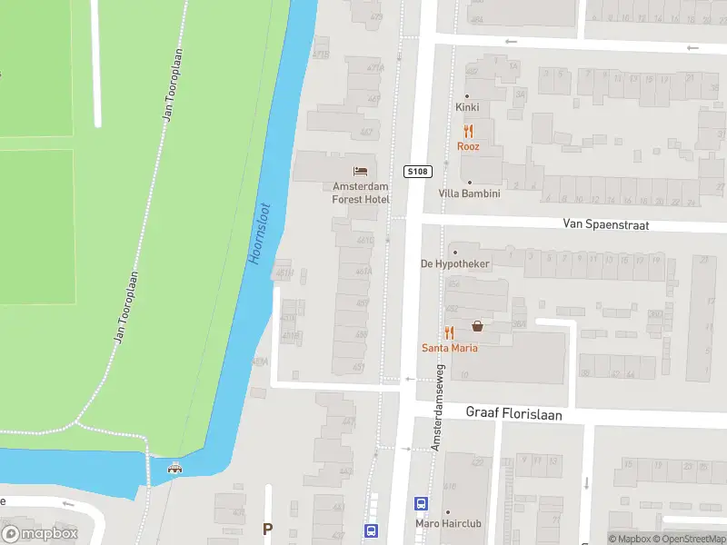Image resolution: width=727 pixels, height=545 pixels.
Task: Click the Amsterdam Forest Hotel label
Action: (x=361, y=193)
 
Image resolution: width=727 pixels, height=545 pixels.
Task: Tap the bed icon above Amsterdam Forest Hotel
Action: (x=361, y=171)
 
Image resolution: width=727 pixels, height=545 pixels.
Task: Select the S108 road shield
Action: (x=417, y=171)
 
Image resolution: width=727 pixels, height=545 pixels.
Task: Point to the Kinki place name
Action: (x=467, y=107)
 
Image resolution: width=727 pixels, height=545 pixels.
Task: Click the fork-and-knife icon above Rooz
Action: (x=468, y=132)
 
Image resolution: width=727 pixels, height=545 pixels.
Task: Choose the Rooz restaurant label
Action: (x=468, y=146)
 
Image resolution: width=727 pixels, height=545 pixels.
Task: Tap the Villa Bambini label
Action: (x=469, y=193)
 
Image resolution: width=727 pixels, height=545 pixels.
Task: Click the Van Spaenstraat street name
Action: (x=605, y=224)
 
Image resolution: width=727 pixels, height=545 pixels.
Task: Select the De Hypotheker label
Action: (x=454, y=264)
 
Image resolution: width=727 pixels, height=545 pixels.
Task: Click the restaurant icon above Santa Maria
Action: (x=449, y=332)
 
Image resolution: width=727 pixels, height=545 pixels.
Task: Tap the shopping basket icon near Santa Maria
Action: (x=477, y=326)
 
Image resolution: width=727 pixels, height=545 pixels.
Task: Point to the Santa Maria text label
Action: (x=449, y=348)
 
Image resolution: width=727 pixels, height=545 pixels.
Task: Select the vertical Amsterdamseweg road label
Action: (x=437, y=409)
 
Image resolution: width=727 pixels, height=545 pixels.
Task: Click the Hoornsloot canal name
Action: (x=259, y=233)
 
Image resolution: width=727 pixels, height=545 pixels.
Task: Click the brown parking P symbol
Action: (x=267, y=528)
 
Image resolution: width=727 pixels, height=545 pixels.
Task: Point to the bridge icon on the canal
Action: (x=174, y=468)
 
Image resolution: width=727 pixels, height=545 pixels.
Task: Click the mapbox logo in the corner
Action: (x=39, y=534)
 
